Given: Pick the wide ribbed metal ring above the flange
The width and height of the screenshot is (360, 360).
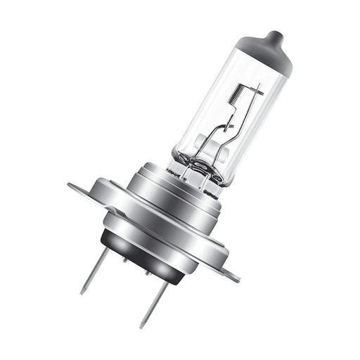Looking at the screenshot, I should point(169,204).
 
